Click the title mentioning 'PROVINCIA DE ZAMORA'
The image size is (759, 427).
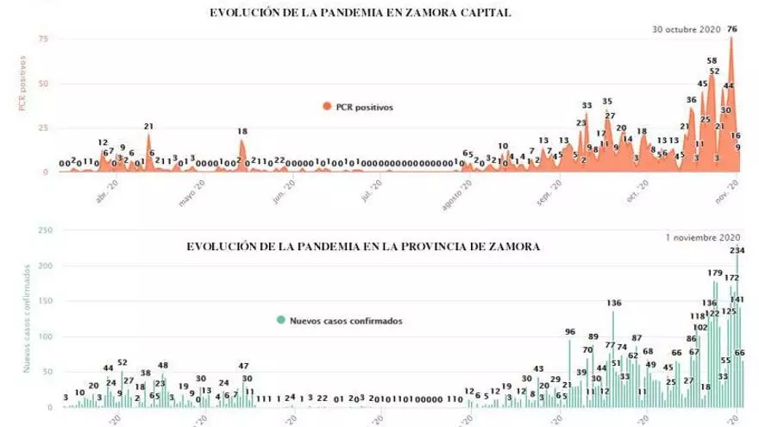click(363, 247)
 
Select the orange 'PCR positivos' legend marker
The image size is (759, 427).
click(327, 107)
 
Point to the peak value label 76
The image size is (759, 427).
click(732, 29)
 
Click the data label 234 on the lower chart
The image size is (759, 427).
click(738, 250)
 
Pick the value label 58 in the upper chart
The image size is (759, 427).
click(712, 61)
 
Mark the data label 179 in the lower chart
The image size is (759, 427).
click(715, 273)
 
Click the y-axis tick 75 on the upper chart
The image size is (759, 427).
click(42, 39)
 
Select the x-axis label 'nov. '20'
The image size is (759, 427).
click(730, 186)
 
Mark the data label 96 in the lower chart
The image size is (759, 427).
click(569, 331)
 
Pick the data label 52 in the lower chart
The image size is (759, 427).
click(122, 362)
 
